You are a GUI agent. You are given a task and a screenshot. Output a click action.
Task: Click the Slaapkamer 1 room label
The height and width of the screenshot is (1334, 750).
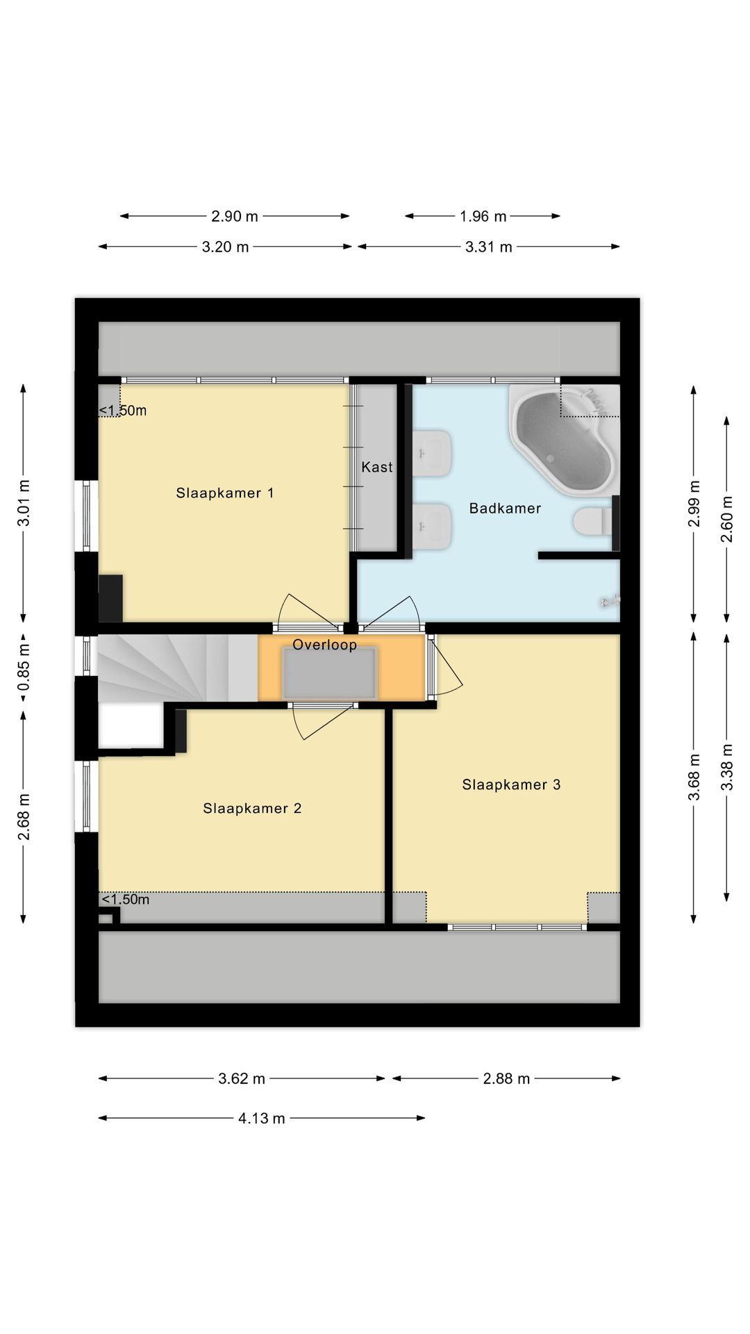tap(224, 493)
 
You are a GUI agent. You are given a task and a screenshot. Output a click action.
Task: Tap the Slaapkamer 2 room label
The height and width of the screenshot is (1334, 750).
tap(252, 808)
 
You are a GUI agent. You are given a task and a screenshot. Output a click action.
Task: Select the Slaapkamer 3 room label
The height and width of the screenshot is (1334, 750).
tap(511, 784)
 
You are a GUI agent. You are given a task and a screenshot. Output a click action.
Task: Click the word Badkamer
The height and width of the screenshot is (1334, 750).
tap(505, 509)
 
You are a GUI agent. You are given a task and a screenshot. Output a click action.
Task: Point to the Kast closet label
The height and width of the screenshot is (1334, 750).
tap(376, 467)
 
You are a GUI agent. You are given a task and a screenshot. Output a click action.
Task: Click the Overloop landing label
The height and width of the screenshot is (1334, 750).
tap(324, 645)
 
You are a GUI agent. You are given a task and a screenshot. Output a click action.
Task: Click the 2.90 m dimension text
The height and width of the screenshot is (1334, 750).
tap(235, 216)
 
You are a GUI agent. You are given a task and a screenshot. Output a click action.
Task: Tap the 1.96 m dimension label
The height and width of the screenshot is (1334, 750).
tap(483, 216)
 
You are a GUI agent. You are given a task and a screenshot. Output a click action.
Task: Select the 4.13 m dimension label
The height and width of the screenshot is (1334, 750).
tap(261, 1118)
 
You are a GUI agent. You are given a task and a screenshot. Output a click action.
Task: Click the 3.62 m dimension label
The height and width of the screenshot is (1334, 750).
tap(242, 1078)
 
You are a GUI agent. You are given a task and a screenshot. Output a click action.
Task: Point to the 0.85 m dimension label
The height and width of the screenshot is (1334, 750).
tap(24, 668)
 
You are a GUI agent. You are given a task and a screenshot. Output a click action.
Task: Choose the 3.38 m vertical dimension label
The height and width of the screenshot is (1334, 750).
tap(726, 767)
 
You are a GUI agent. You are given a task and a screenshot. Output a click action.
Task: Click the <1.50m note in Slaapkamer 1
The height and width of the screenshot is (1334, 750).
tap(123, 411)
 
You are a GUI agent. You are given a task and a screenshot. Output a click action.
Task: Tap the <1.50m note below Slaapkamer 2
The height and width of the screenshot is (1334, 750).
tap(126, 899)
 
